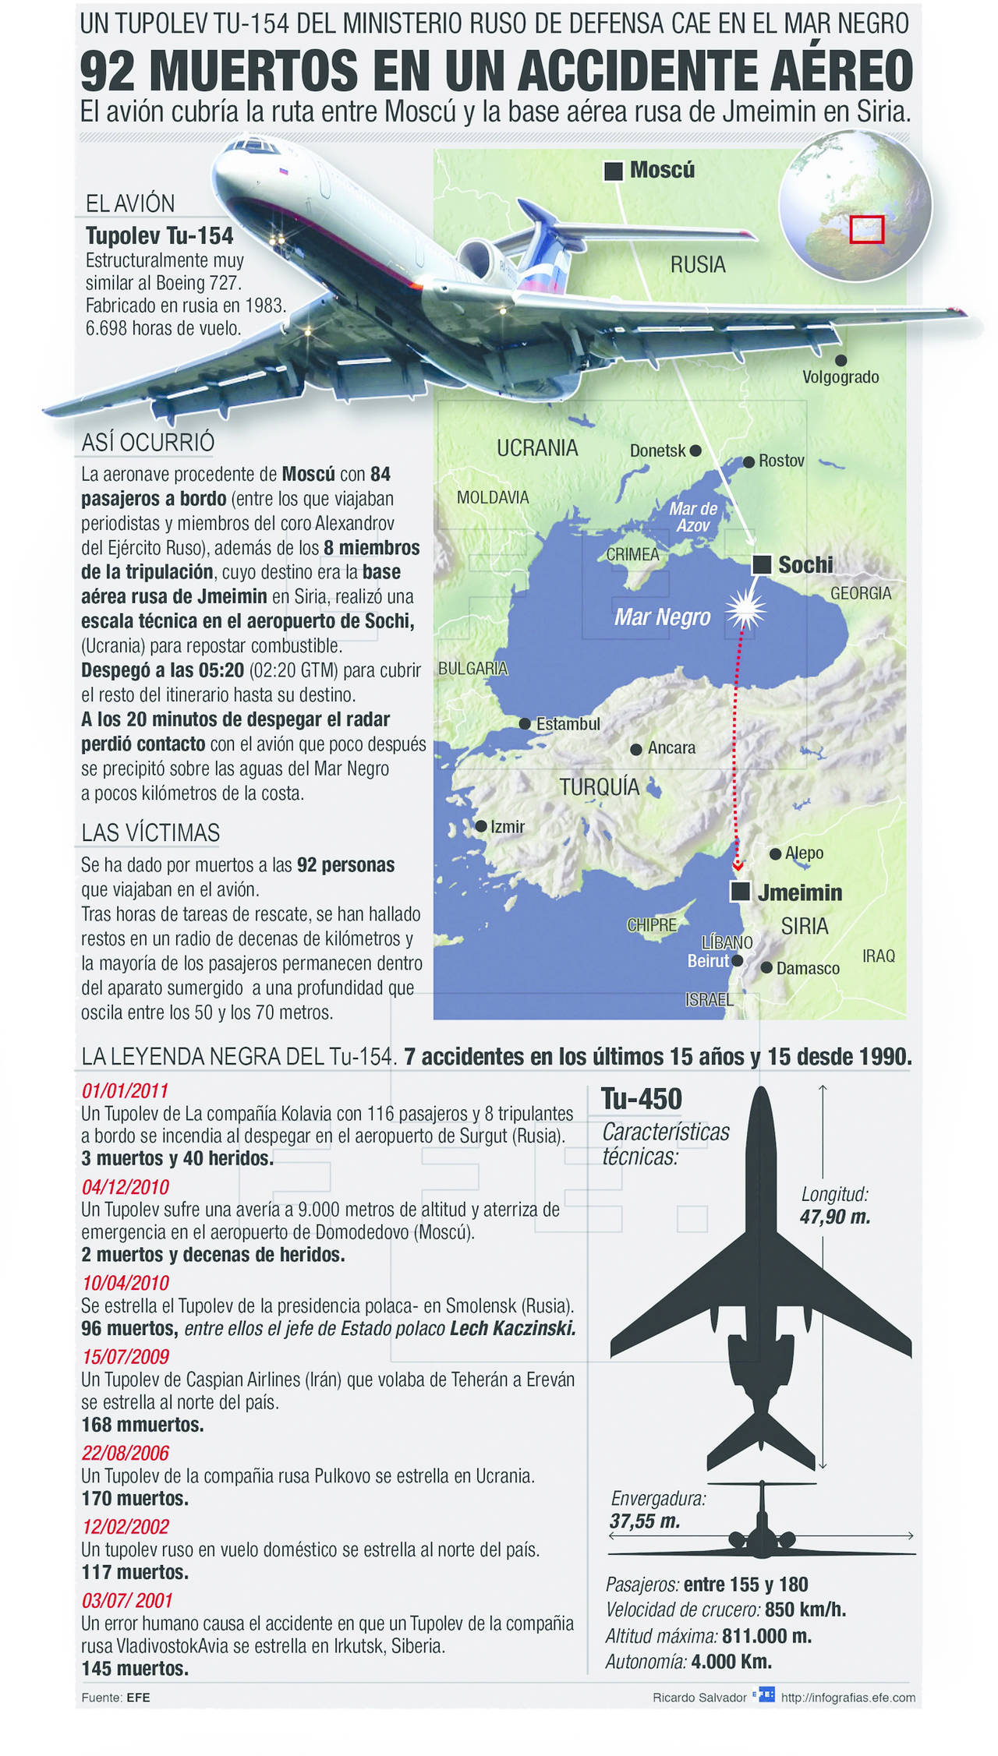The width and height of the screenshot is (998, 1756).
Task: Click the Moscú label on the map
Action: (662, 170)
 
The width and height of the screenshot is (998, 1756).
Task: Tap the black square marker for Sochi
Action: (761, 565)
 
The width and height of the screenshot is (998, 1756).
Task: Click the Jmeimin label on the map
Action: (800, 892)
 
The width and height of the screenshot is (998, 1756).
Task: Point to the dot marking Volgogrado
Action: (841, 360)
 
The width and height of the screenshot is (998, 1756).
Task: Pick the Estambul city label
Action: (568, 724)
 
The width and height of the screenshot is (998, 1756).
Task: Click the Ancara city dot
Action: (636, 748)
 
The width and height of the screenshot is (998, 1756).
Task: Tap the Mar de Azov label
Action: (692, 517)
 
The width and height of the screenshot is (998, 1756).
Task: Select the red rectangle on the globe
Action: (866, 229)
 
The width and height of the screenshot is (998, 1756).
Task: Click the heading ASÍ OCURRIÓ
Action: (148, 442)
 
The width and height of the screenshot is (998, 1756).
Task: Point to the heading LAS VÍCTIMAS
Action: (150, 832)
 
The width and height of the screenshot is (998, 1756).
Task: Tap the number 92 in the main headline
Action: (109, 71)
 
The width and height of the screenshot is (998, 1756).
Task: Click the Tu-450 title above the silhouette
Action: (641, 1099)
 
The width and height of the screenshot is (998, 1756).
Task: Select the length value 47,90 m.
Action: (835, 1217)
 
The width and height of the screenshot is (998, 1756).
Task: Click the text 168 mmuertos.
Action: (143, 1425)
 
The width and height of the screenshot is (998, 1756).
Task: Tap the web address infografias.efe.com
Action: (848, 1698)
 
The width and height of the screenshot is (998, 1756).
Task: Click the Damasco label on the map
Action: (808, 969)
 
